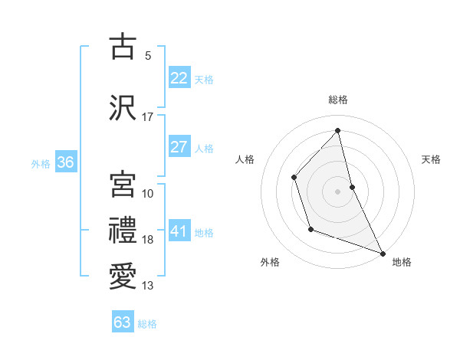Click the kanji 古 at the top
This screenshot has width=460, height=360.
(x=123, y=47)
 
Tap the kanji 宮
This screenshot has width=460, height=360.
(x=123, y=185)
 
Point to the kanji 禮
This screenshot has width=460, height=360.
(x=123, y=231)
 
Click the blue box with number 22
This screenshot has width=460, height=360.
(x=179, y=78)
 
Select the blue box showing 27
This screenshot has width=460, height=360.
(x=179, y=147)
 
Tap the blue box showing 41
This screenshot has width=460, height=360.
(x=179, y=231)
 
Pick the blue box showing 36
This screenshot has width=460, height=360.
(x=65, y=162)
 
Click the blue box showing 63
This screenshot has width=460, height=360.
(x=123, y=322)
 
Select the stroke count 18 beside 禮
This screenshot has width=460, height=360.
(x=148, y=240)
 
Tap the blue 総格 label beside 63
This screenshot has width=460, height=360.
(x=147, y=324)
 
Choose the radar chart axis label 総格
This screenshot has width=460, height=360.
(x=337, y=100)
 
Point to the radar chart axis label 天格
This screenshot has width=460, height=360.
(x=431, y=159)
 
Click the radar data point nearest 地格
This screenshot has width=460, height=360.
(x=382, y=253)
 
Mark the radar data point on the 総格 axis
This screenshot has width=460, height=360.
(x=337, y=131)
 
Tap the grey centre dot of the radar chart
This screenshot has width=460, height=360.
(x=337, y=191)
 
